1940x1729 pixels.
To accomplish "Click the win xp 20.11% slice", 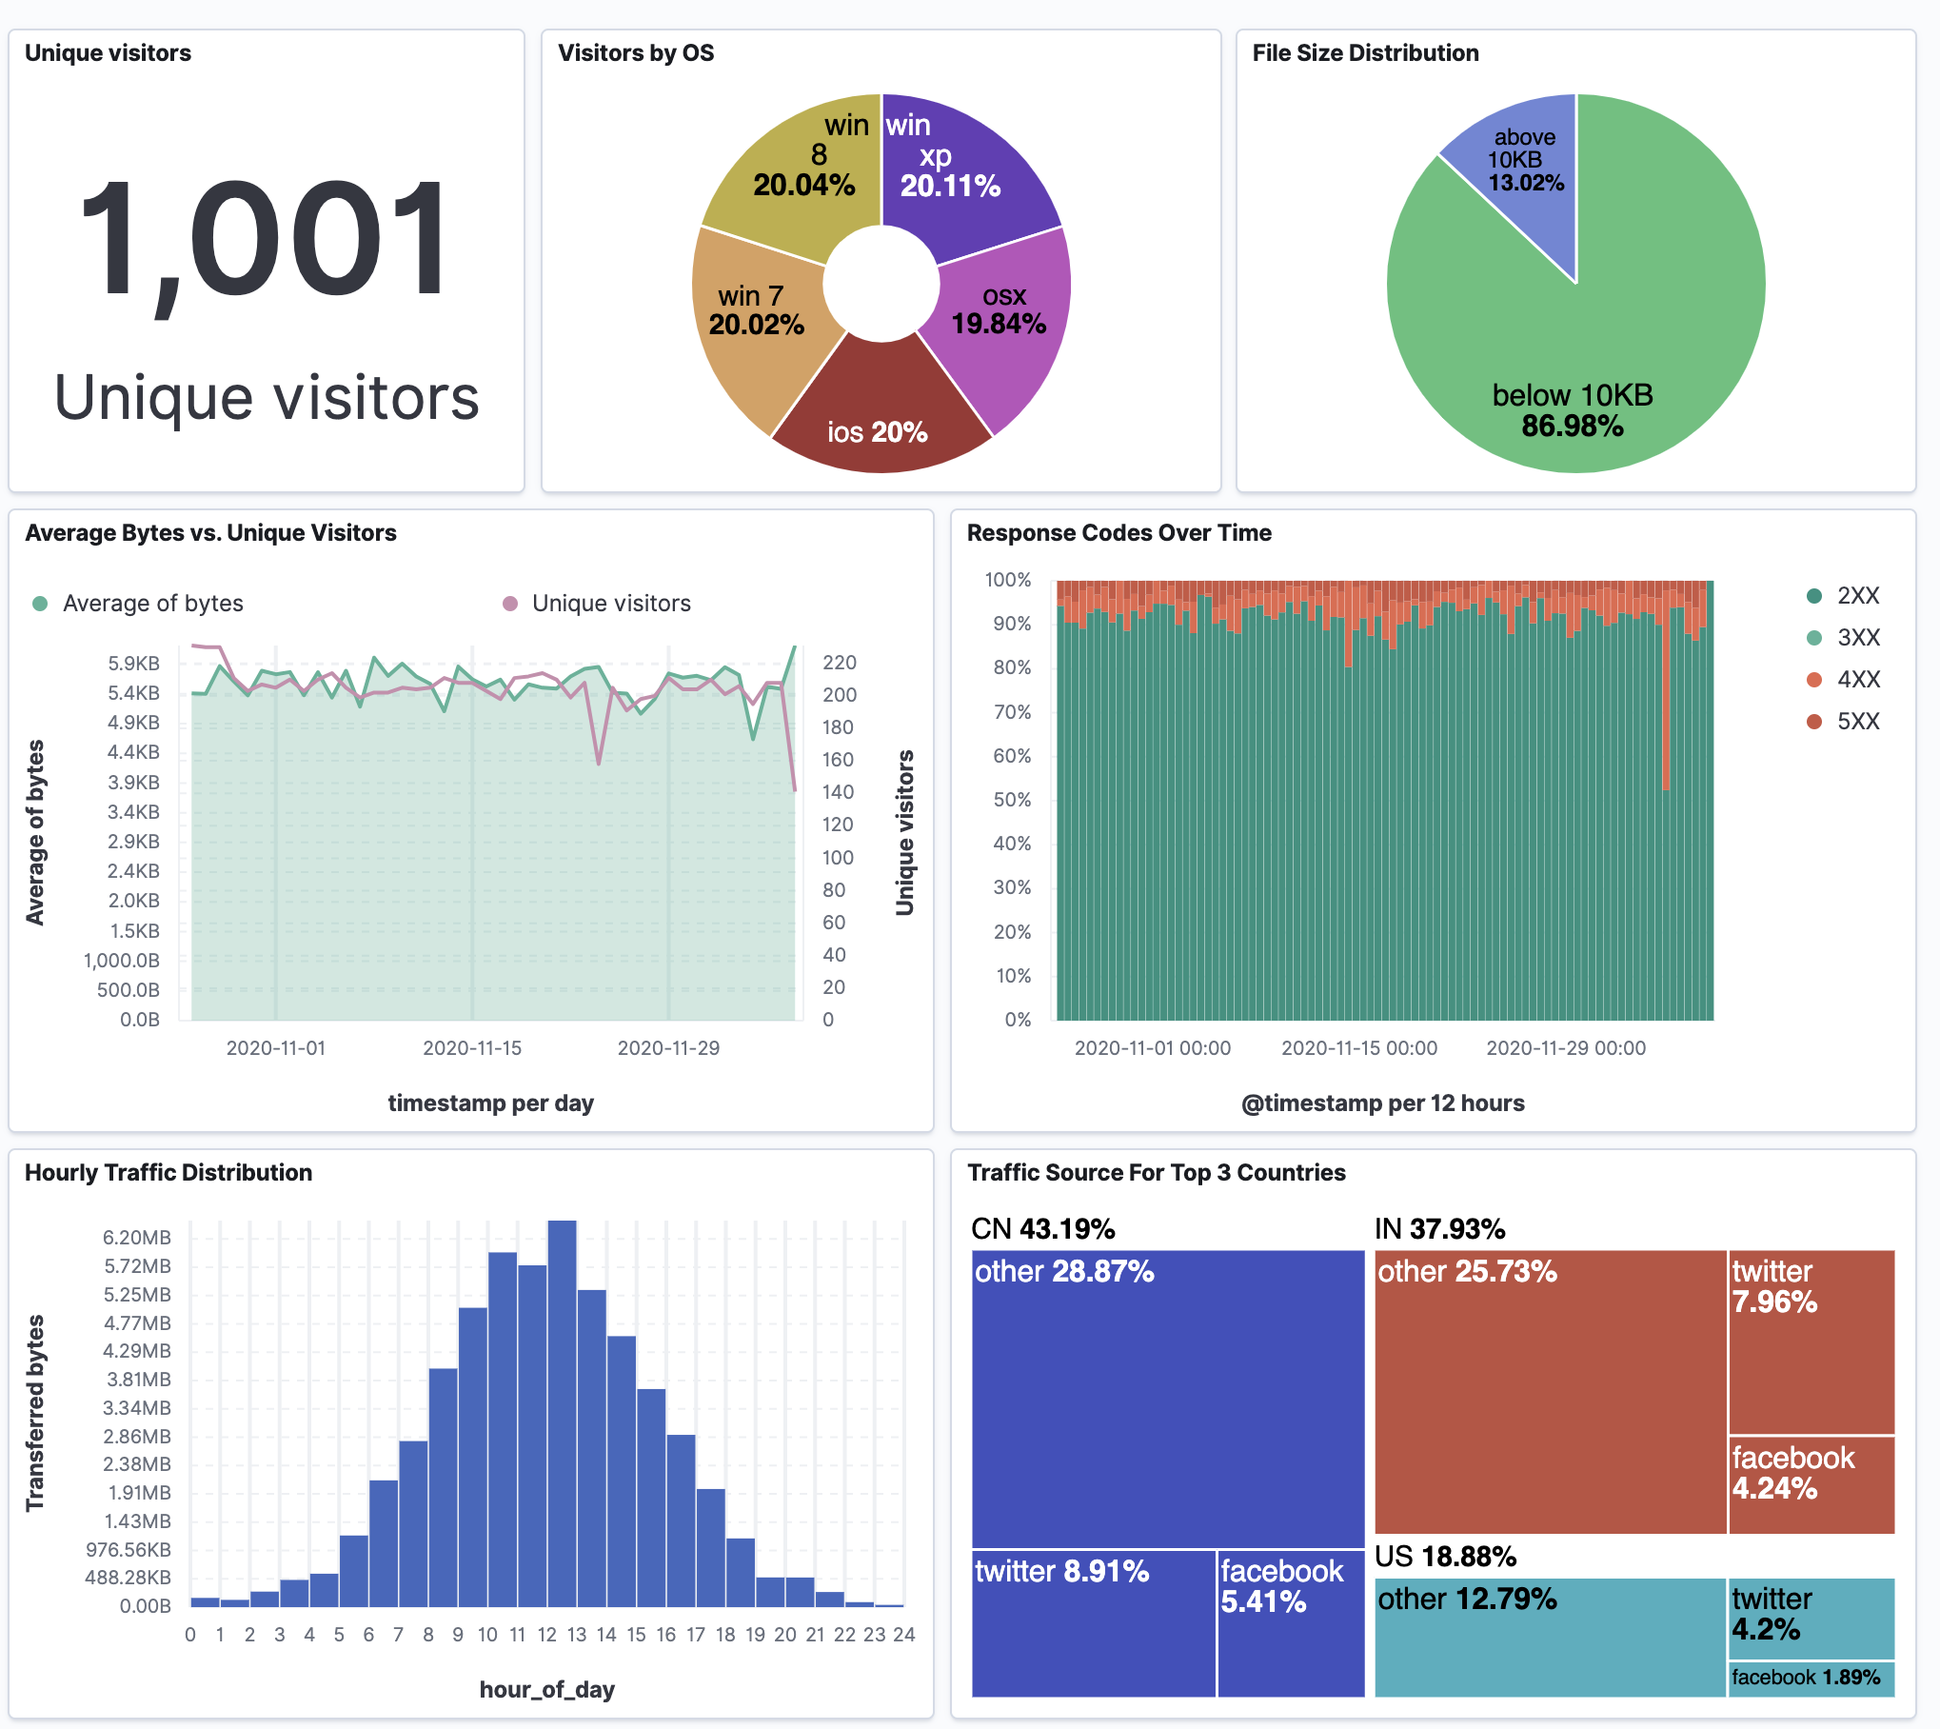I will pos(961,171).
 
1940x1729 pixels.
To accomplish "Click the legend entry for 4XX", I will pos(1856,680).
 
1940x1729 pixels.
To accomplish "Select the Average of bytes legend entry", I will pos(152,604).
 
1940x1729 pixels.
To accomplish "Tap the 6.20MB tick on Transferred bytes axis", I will pos(137,1238).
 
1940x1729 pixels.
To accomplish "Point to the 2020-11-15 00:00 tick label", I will pos(1358,1048).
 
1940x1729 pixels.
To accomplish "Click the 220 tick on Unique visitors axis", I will pos(839,663).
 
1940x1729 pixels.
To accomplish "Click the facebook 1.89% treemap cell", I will pos(1809,1679).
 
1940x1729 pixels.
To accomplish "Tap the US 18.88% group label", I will pos(1444,1557).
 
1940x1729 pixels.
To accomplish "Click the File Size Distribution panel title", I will pos(1364,53).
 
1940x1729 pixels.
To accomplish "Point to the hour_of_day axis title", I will pos(546,1690).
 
